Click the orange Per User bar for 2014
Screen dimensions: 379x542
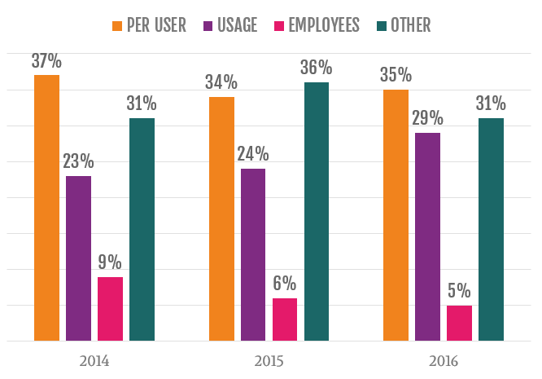[47, 208]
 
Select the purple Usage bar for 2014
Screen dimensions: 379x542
[79, 258]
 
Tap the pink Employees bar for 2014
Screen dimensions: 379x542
[111, 309]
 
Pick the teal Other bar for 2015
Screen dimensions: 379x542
[317, 211]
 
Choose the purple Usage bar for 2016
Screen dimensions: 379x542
[427, 236]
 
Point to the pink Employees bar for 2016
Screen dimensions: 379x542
[459, 323]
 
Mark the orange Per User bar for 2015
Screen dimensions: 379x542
[221, 218]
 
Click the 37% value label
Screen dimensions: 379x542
[47, 60]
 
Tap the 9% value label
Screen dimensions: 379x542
[111, 262]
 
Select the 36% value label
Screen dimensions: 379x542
[317, 68]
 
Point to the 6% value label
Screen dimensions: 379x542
[285, 284]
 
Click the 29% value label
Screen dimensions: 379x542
[427, 118]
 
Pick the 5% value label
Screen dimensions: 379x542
[459, 291]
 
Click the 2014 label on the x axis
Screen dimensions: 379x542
[94, 359]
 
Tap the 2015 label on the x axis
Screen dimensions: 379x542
[269, 359]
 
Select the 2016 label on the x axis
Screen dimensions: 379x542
[444, 359]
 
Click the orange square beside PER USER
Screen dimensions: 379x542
[117, 25]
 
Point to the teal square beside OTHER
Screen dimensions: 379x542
[379, 25]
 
